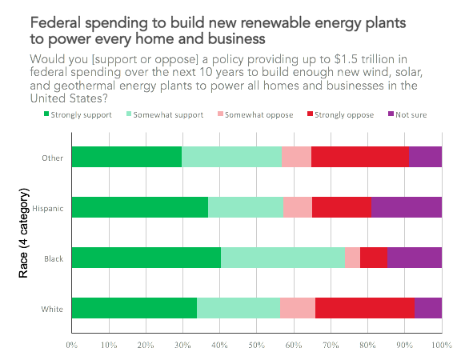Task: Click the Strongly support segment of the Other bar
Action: point(127,157)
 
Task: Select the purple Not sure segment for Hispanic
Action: point(407,207)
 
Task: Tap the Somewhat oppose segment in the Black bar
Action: point(353,258)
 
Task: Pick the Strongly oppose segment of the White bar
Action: point(365,308)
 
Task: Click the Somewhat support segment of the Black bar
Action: point(283,258)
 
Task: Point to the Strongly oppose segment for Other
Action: point(360,157)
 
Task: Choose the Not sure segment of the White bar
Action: point(428,308)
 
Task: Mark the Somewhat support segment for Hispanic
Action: point(246,207)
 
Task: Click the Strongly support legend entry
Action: point(78,114)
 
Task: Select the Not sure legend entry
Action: point(407,114)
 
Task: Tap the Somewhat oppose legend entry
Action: point(255,114)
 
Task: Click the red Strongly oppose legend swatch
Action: point(310,114)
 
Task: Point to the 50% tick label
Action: point(257,345)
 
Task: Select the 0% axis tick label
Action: point(71,345)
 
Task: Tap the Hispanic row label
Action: point(48,209)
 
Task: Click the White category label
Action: point(52,309)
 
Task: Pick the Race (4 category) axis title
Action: point(23,233)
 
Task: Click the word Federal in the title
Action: point(55,23)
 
